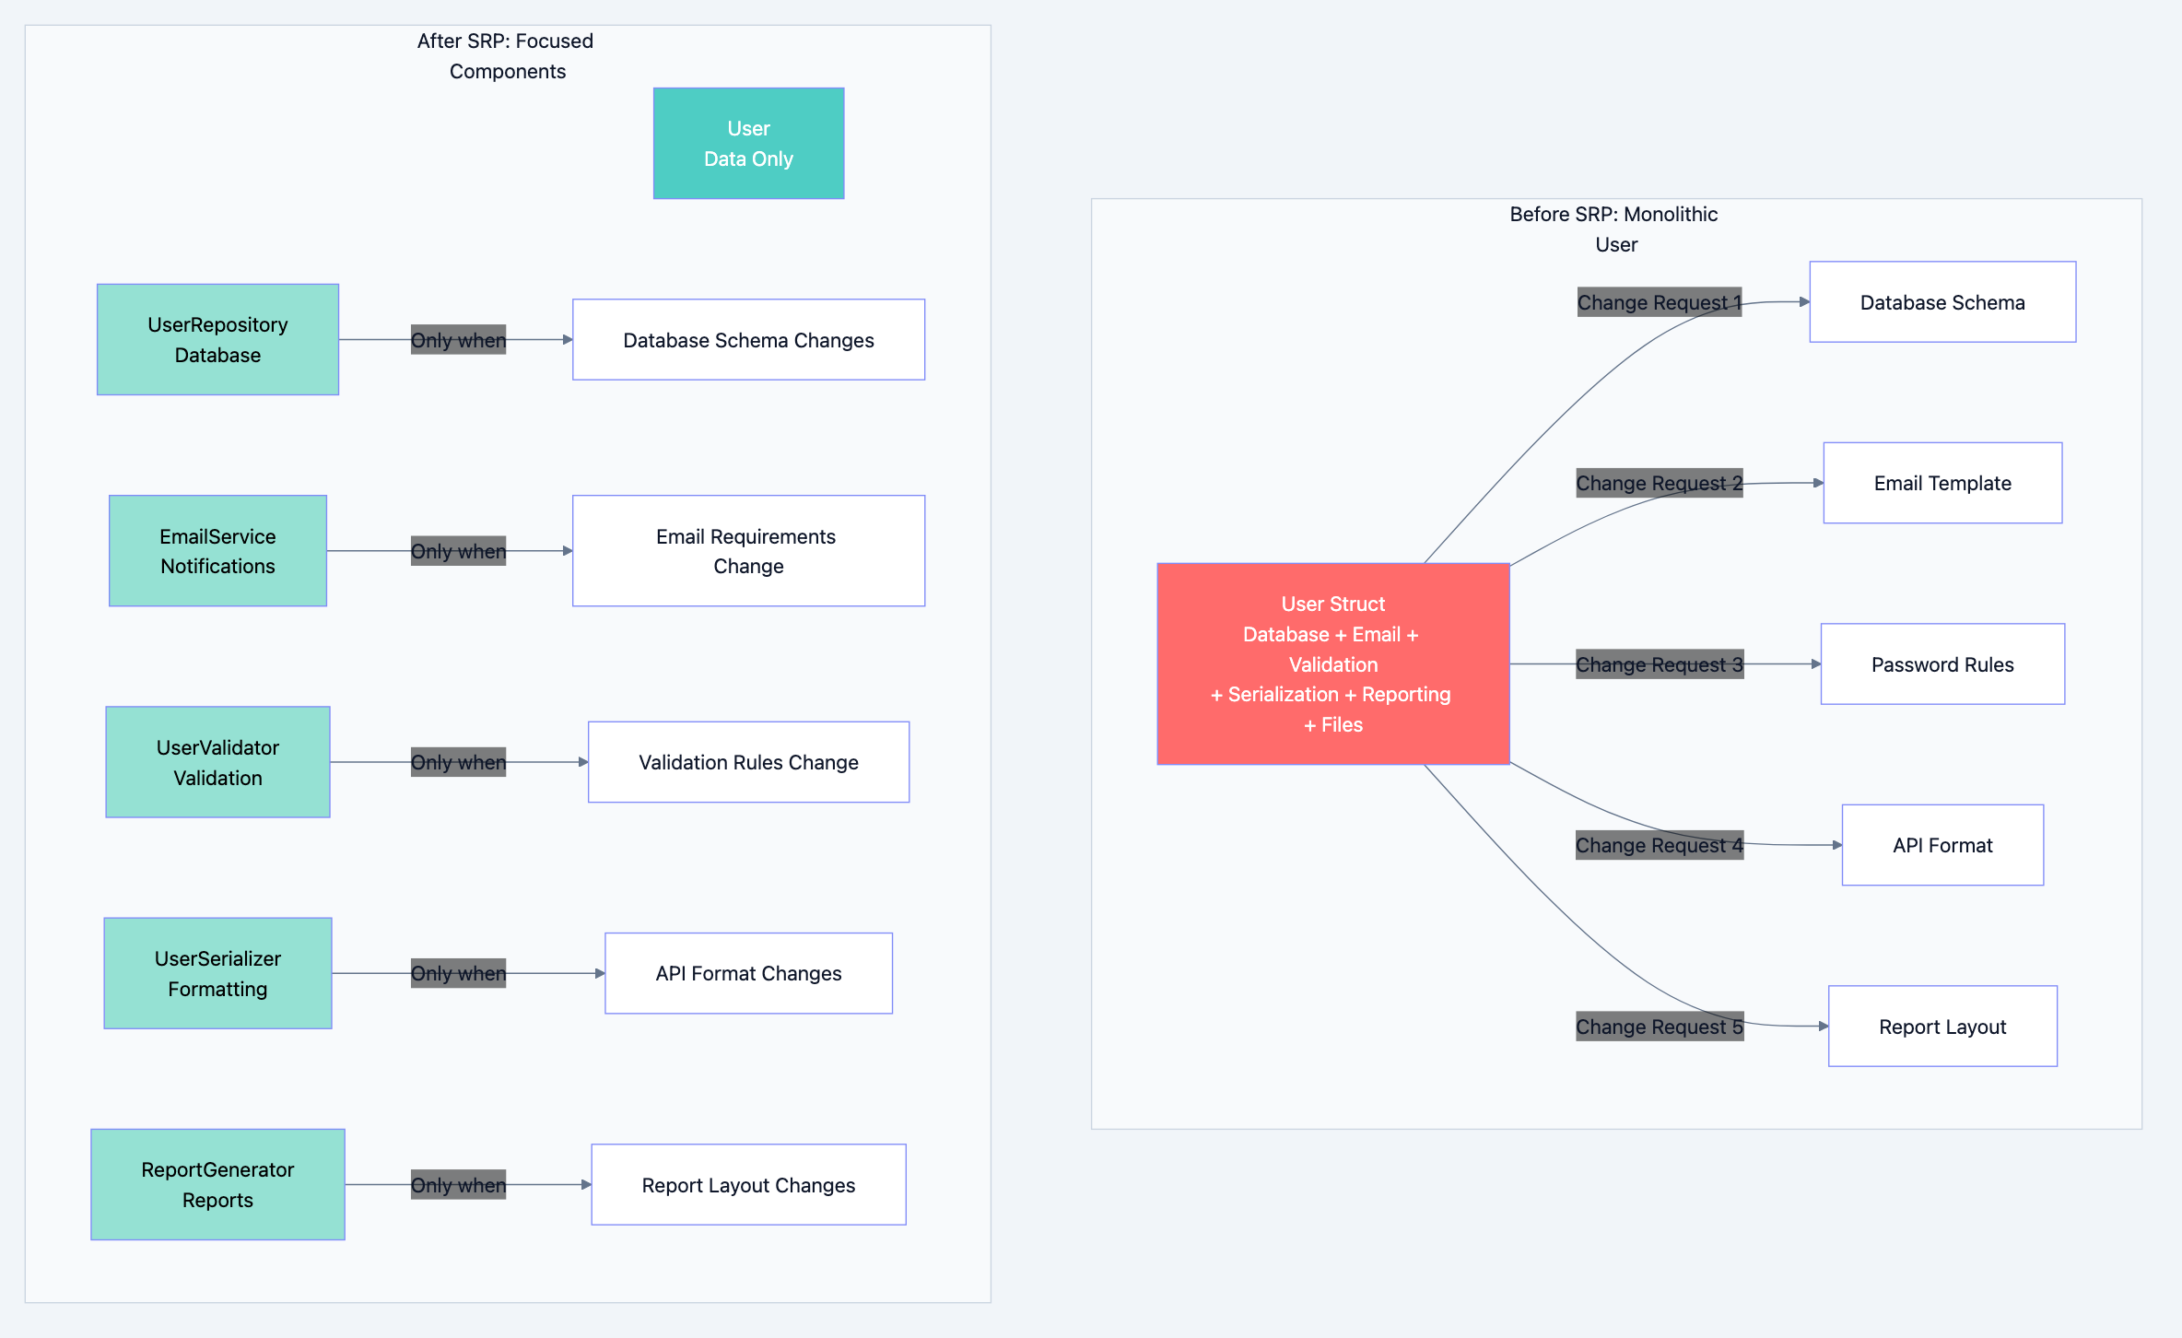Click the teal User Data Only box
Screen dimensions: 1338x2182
748,144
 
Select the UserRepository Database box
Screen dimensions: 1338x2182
217,339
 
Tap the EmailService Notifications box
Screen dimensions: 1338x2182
217,551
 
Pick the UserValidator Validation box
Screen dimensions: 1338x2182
217,762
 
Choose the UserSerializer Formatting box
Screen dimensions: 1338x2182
217,973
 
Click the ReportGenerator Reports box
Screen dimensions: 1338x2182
217,1184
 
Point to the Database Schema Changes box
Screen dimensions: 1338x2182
748,339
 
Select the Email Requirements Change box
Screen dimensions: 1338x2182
748,551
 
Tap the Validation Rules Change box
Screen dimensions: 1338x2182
748,762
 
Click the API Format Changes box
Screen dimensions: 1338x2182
748,973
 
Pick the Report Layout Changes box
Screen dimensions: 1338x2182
748,1184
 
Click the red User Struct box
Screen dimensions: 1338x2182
1332,663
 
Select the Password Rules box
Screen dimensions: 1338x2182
1942,664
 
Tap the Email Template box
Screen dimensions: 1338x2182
1942,483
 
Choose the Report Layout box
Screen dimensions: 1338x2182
1942,1027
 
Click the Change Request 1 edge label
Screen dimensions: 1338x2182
1659,302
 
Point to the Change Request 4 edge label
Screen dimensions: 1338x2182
1659,845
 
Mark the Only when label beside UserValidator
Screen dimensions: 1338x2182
458,762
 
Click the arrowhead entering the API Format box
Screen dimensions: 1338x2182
1836,845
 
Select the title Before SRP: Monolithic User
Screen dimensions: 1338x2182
1614,229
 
